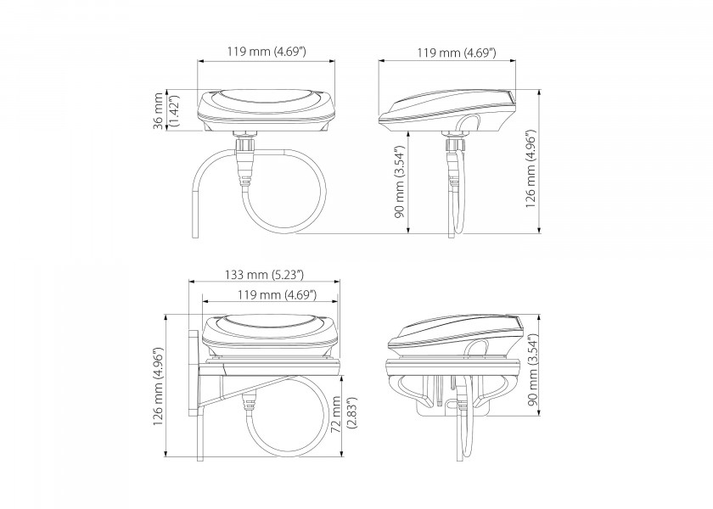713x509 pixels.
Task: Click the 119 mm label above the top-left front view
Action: coord(267,53)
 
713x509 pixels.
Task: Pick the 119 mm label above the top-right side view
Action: coord(457,53)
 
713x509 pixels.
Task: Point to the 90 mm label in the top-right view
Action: coord(404,193)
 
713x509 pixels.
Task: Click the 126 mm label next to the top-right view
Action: coord(531,169)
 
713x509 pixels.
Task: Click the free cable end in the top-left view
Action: coord(195,229)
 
